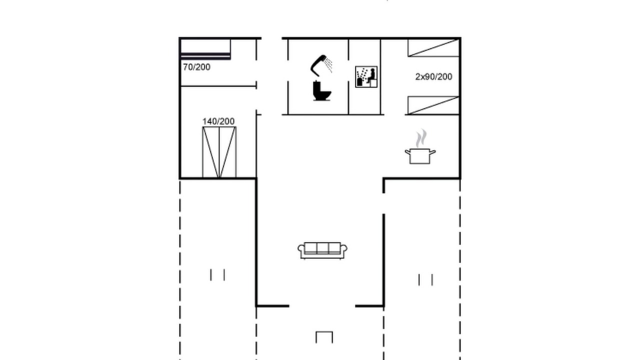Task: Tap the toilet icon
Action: [x=322, y=91]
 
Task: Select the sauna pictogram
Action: [x=366, y=77]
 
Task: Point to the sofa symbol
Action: [x=322, y=250]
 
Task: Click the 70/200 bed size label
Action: [x=196, y=67]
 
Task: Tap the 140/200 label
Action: [x=218, y=121]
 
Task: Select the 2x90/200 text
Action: [x=433, y=77]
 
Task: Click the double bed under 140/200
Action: [x=219, y=152]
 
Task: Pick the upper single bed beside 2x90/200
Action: [x=433, y=48]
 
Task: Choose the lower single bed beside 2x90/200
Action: [x=433, y=105]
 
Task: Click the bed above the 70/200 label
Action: [x=205, y=49]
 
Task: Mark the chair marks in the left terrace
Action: [x=217, y=275]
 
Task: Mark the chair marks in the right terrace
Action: [x=425, y=280]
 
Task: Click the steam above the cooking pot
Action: [x=421, y=138]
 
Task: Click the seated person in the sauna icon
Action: [x=371, y=75]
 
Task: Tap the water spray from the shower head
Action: [x=329, y=65]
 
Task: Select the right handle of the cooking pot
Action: [x=433, y=152]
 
